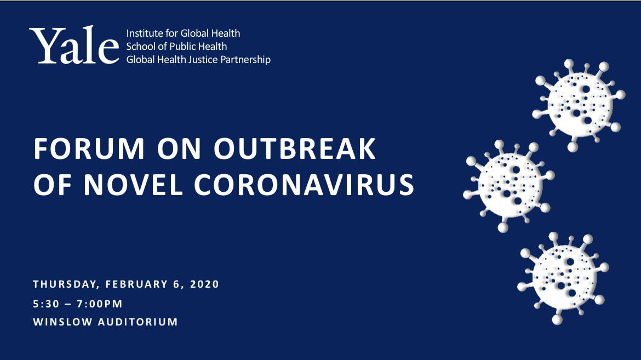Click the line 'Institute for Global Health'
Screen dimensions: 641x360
183,33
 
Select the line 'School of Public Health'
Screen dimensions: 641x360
176,46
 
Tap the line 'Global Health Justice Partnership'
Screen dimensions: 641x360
198,60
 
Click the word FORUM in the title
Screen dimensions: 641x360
89,148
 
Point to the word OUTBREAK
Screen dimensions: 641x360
295,148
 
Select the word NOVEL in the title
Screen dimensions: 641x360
133,185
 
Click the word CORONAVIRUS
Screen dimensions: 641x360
304,185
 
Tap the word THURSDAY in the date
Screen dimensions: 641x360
66,284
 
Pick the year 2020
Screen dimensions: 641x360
205,284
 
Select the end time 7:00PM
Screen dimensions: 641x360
100,304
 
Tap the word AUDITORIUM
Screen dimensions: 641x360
138,322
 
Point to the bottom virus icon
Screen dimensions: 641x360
563,278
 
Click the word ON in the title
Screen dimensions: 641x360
180,148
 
